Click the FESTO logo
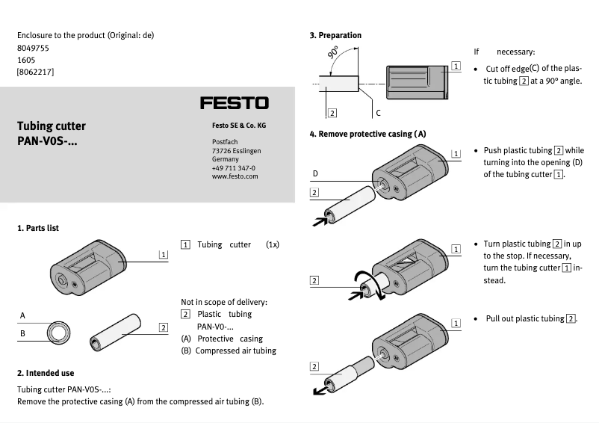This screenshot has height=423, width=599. pos(234,102)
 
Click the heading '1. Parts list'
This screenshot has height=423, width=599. pos(38,228)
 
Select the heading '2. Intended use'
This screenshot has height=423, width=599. pos(46,373)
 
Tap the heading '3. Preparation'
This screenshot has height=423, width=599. pos(335,35)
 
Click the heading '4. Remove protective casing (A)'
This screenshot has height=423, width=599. pos(367,134)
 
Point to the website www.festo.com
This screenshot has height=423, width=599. pos(235,176)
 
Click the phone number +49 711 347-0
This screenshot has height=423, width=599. pos(233,168)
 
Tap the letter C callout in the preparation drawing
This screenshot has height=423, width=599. pos(378,113)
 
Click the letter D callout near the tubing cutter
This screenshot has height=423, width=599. pos(315,173)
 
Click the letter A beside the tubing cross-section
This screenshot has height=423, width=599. pos(22,315)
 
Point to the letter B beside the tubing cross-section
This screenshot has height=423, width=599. pos(22,333)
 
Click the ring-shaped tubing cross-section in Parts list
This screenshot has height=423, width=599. pos(58,332)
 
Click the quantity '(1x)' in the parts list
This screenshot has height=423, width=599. pos(272,244)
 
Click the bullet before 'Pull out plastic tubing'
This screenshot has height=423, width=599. pos(476,319)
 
